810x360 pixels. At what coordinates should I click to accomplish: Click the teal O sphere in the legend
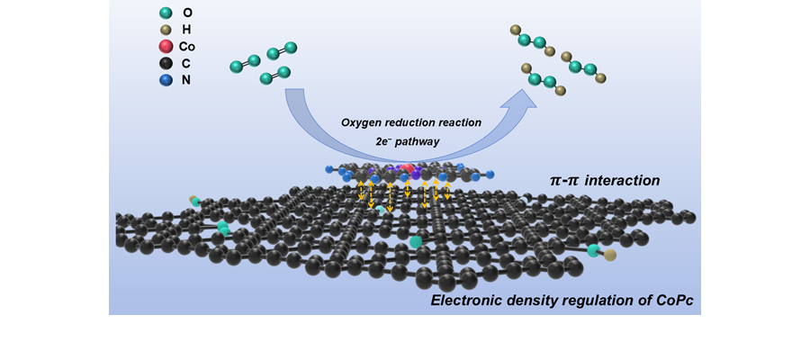coord(165,13)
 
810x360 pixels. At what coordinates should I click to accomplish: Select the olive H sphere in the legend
coord(165,30)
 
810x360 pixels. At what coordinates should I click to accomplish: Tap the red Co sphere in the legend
coord(165,46)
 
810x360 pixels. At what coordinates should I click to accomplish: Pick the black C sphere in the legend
coord(165,63)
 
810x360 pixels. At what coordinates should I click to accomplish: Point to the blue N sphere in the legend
coord(165,80)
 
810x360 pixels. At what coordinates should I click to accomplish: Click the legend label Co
coord(186,46)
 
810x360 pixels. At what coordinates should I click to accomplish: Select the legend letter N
coord(185,80)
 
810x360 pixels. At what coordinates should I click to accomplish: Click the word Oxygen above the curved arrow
coord(361,122)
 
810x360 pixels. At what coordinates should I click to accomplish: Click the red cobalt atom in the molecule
coord(409,168)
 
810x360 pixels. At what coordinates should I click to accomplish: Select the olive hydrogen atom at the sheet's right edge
coord(610,256)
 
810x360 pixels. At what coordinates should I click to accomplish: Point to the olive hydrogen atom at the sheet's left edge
coord(193,199)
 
